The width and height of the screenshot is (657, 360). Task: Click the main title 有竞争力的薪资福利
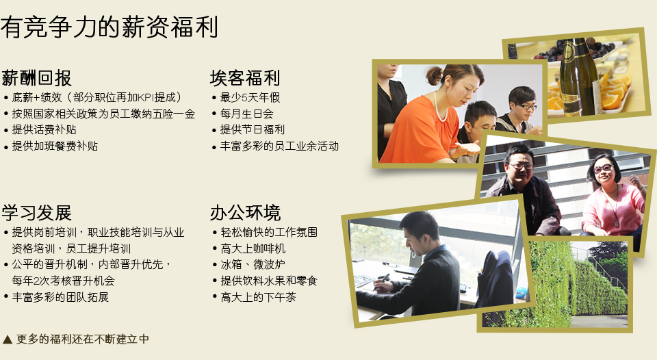click(109, 27)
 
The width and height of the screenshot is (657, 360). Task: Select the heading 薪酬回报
click(36, 78)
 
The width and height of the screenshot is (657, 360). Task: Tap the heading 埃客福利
click(245, 78)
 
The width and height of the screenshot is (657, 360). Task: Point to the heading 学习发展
click(36, 213)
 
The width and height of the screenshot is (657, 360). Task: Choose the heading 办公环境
click(245, 213)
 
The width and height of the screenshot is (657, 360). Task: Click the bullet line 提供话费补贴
click(44, 130)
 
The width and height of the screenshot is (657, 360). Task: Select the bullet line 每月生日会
click(247, 114)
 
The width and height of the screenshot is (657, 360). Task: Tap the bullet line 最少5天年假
click(250, 98)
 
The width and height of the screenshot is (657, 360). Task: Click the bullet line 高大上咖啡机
click(253, 248)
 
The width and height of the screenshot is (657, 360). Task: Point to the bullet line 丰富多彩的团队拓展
click(60, 297)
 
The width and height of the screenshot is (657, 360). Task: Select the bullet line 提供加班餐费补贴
click(55, 146)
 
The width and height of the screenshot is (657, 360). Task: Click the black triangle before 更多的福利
click(7, 339)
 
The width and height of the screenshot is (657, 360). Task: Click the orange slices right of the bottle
click(615, 90)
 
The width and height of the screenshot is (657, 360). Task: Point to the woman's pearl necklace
click(439, 107)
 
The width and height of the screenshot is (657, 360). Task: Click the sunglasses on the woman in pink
click(603, 169)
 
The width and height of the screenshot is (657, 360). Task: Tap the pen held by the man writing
click(382, 281)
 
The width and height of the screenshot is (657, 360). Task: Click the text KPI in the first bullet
click(146, 98)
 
